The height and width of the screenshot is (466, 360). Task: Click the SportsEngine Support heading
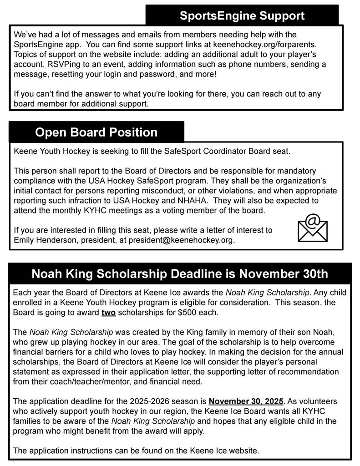[242, 15]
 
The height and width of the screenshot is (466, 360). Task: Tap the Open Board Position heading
[96, 132]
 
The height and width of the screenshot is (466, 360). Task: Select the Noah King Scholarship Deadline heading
[180, 274]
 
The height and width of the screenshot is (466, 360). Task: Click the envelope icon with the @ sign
[312, 228]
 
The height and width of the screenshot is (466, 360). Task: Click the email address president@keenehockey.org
[181, 240]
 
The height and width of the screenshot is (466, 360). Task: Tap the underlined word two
[108, 312]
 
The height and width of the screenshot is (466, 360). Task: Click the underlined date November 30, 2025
[246, 401]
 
